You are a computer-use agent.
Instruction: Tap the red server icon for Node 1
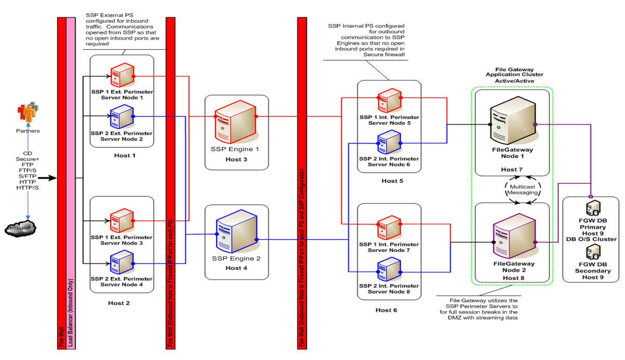(x=123, y=76)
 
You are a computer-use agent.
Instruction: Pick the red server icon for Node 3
(x=123, y=220)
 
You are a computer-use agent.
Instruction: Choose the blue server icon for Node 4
(x=123, y=263)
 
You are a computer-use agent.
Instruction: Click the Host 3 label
(x=237, y=159)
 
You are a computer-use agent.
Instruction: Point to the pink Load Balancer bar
(x=71, y=182)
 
